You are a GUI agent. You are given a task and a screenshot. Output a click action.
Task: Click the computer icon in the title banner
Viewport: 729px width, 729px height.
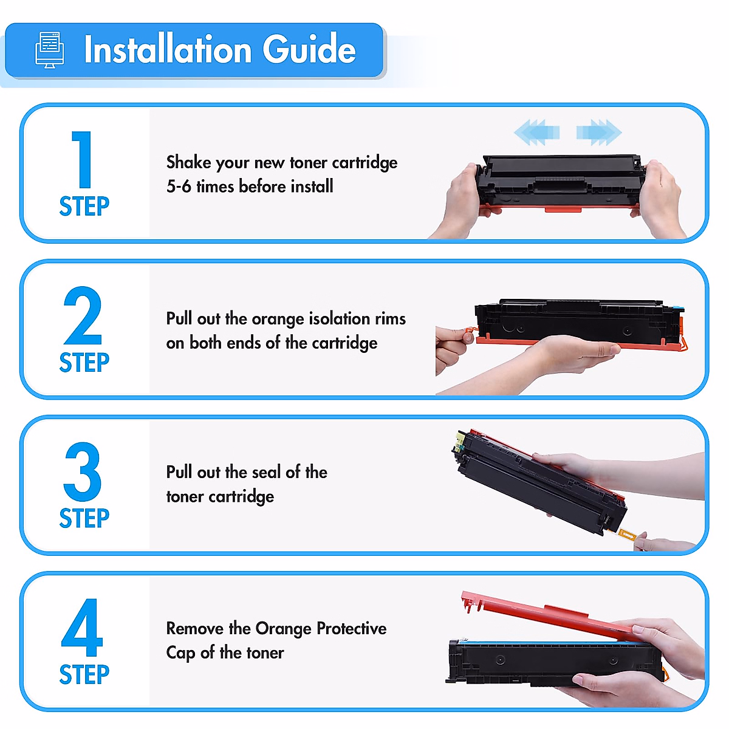pos(50,50)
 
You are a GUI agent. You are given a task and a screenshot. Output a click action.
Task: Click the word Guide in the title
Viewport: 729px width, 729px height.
pos(309,50)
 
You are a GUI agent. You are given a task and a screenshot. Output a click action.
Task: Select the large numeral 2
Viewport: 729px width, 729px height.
pos(83,316)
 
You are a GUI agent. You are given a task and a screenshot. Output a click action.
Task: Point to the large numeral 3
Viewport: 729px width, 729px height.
pos(83,471)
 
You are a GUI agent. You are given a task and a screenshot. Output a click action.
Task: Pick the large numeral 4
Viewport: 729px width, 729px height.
pos(82,628)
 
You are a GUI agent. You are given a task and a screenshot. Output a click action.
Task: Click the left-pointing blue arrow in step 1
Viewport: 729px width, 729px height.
pos(536,132)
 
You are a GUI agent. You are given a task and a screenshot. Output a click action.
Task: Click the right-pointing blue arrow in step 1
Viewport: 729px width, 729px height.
pos(599,132)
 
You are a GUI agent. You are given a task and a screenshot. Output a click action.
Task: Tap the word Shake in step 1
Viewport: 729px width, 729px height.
pos(188,162)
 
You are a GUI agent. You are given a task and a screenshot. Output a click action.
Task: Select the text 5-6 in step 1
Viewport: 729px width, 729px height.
pos(179,187)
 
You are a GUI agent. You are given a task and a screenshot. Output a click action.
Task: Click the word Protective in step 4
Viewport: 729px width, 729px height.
pos(351,628)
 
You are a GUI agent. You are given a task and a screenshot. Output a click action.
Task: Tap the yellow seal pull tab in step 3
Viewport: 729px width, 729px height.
pos(626,535)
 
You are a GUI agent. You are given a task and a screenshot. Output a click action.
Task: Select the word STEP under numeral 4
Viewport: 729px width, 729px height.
pos(84,674)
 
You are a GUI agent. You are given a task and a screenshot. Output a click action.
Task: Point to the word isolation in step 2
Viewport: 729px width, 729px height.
pos(340,319)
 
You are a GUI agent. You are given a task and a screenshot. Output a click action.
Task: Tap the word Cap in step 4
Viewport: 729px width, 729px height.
pos(180,653)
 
